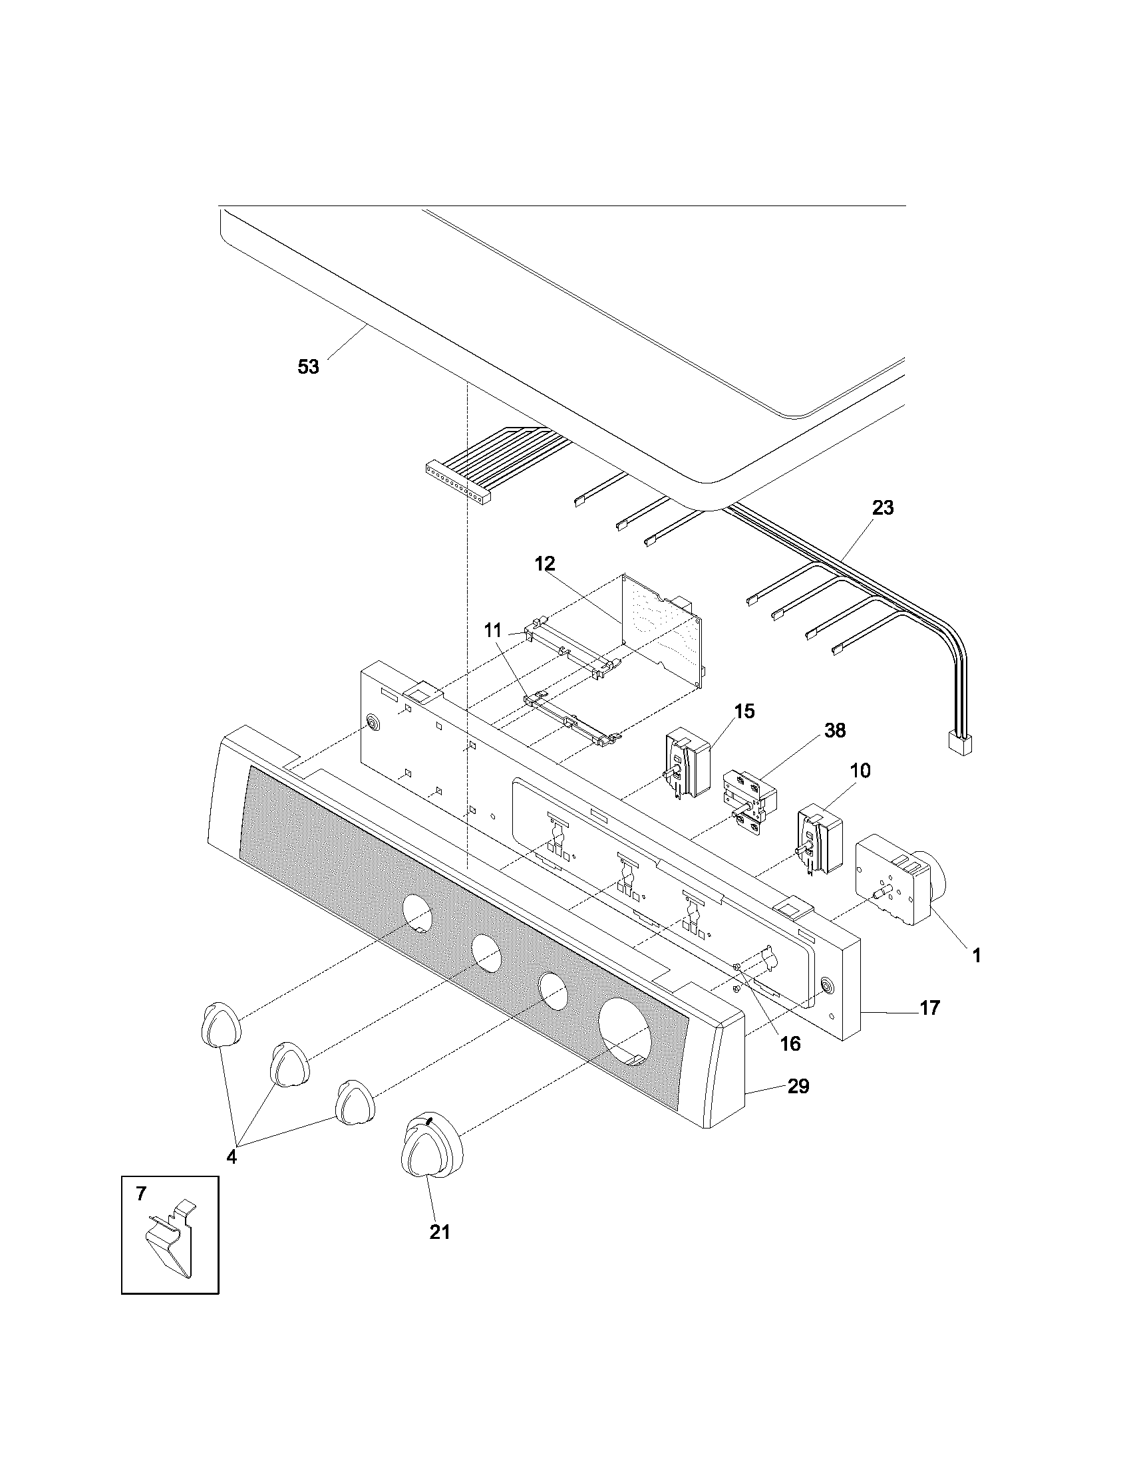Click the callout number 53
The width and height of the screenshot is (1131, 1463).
(308, 366)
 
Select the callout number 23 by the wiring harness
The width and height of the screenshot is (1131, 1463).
(882, 508)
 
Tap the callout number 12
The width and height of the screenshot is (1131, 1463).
(545, 564)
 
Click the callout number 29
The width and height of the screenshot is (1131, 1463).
(798, 1086)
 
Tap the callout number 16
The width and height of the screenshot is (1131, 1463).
(790, 1043)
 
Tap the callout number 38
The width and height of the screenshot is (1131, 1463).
(835, 730)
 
